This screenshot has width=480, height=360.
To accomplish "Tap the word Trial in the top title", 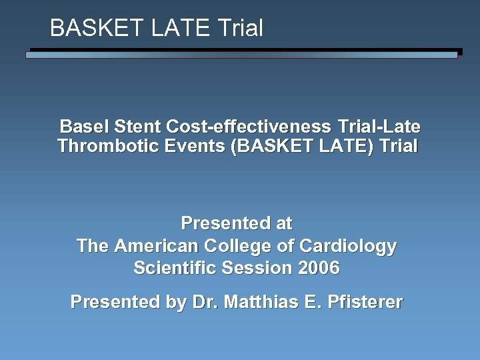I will [239, 28].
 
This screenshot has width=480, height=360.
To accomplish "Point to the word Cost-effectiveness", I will [250, 127].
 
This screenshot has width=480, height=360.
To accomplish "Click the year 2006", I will [319, 269].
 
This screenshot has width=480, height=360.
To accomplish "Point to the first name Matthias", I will [259, 302].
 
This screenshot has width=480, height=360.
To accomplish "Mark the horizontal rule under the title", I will [243, 53].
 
